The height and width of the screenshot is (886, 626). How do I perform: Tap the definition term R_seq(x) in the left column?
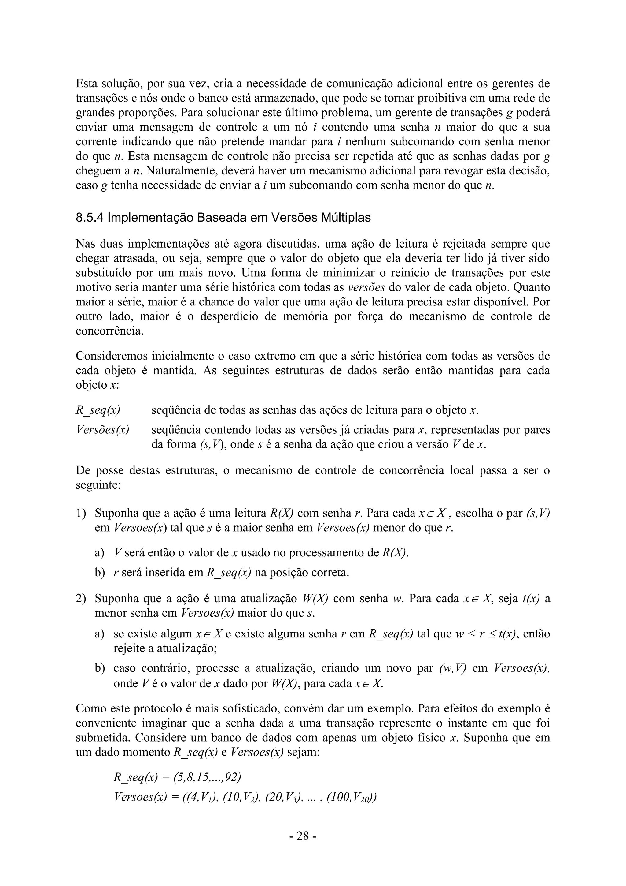pyautogui.click(x=98, y=410)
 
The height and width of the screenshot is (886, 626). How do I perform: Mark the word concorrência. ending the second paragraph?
pyautogui.click(x=109, y=331)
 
